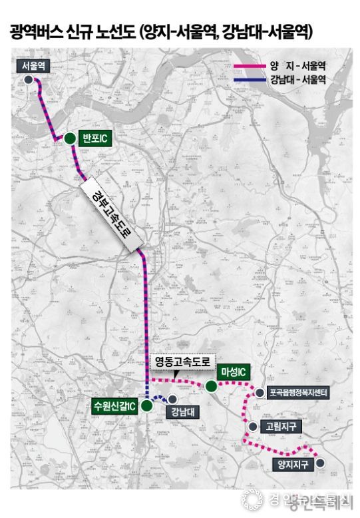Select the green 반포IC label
coord(94,138)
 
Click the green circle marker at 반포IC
coord(69,138)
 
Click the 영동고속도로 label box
coord(182,363)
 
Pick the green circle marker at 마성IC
coord(212,386)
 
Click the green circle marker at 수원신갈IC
coord(147,405)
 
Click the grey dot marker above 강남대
coord(172,399)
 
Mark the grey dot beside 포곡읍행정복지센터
coord(259,393)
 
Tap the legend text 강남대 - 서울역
coord(297,81)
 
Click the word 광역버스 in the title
coord(39,31)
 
